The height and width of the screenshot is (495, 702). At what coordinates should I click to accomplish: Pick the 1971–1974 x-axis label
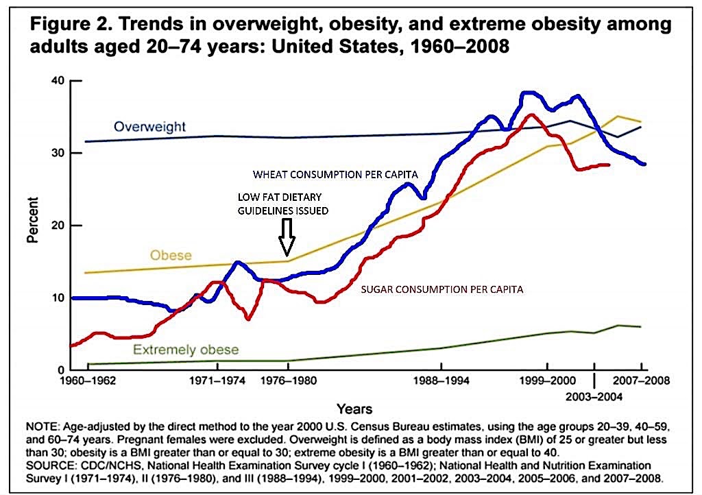(x=217, y=380)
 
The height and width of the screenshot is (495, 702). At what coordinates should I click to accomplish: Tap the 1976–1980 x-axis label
(x=287, y=380)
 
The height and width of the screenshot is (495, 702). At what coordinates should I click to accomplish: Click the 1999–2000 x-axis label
(x=546, y=380)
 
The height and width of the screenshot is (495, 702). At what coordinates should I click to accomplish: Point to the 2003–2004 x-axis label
(x=594, y=396)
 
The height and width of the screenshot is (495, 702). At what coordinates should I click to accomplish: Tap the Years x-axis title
(x=356, y=409)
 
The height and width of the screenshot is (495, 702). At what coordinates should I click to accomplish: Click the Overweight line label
(x=149, y=127)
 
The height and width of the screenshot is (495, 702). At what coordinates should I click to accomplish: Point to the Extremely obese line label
(x=186, y=350)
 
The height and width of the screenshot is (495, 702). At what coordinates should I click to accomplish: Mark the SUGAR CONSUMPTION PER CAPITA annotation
(x=442, y=290)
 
